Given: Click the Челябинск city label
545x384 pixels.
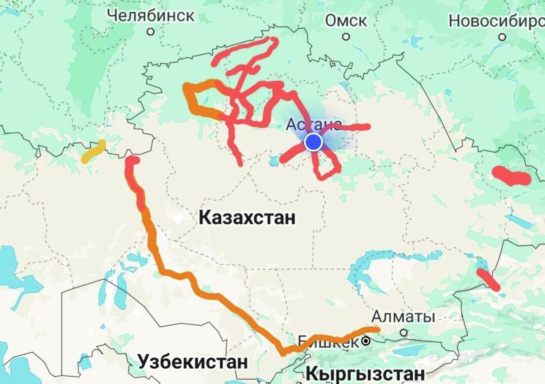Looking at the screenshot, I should (152, 15).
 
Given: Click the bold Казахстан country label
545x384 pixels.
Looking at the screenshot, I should (247, 218).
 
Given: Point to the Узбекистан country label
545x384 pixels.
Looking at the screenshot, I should (193, 362).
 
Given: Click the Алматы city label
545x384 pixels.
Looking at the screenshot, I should (403, 316).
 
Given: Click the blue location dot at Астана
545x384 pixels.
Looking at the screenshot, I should (313, 142).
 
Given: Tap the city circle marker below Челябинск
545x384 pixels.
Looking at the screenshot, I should (150, 32).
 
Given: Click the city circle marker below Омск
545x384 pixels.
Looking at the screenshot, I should (346, 37).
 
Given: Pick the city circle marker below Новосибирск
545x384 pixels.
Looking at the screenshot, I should (502, 37).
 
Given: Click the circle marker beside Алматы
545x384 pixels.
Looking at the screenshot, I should (403, 332).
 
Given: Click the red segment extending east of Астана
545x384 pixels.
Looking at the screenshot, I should (355, 127).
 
